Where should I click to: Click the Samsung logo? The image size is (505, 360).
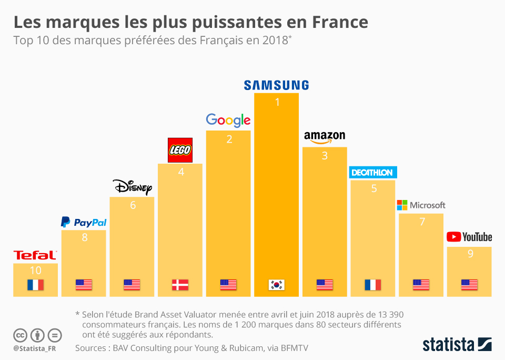click(276, 85)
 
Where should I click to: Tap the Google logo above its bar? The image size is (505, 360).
click(228, 121)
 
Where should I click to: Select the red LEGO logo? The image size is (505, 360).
click(180, 150)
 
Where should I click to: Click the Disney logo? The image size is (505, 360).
click(132, 187)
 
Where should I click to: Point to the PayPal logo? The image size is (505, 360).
click(84, 222)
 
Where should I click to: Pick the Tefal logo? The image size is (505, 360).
click(35, 255)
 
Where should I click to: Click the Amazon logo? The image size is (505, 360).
click(325, 137)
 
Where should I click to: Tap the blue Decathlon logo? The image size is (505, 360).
click(372, 173)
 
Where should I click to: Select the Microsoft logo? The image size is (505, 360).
click(421, 205)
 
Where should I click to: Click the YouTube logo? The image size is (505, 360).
click(469, 237)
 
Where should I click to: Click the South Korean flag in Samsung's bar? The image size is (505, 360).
click(276, 285)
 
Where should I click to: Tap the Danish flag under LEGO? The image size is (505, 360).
click(180, 285)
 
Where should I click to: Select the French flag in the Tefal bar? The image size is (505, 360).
click(35, 285)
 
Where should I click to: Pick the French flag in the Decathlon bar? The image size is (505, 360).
click(372, 285)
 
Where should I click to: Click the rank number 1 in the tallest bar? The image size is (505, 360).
click(277, 102)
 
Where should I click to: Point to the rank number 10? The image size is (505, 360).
click(35, 271)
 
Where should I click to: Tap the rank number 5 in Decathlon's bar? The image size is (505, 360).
click(373, 188)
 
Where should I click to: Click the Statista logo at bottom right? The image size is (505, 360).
click(457, 345)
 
